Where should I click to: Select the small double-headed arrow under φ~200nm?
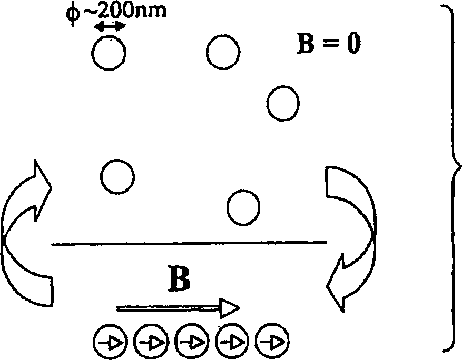(110, 27)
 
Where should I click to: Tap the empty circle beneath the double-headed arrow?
(109, 53)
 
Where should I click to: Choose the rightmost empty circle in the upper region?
(283, 104)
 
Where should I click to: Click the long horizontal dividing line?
(190, 243)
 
